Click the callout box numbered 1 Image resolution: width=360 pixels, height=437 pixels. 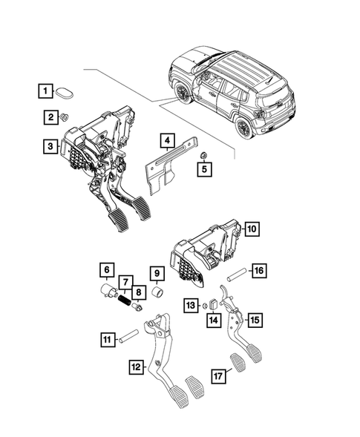pos(47,92)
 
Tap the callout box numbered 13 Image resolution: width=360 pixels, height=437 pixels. pos(190,304)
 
